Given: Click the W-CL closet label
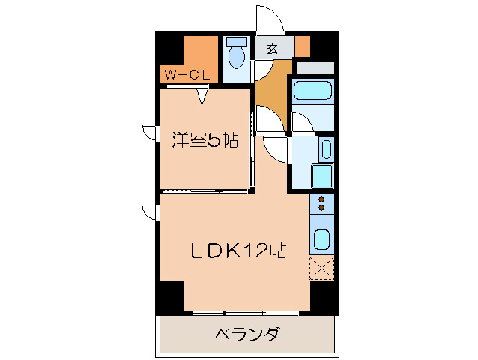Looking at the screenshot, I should click(x=188, y=74).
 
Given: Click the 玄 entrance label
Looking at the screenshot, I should click(x=272, y=49).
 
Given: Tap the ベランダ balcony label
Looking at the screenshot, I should click(x=247, y=334).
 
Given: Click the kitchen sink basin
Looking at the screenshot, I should click(x=321, y=241).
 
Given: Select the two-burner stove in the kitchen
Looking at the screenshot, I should click(x=321, y=203).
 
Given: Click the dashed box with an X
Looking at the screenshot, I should click(x=321, y=268).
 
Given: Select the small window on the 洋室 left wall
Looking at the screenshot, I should click(x=151, y=133).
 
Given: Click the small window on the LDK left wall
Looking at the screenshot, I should click(x=151, y=211).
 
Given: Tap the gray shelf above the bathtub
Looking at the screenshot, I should click(x=314, y=67).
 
